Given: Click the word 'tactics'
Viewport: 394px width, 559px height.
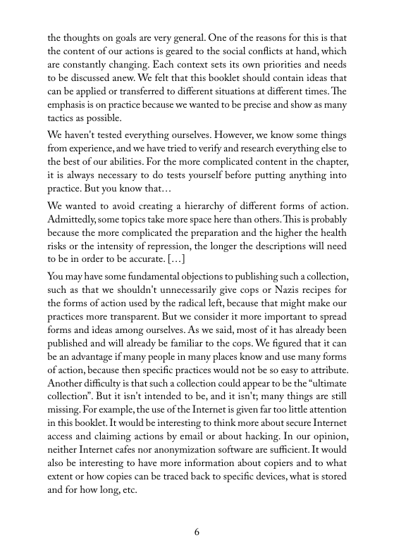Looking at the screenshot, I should coord(62,119).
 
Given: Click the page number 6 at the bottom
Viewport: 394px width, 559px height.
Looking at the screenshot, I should coord(197,532).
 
